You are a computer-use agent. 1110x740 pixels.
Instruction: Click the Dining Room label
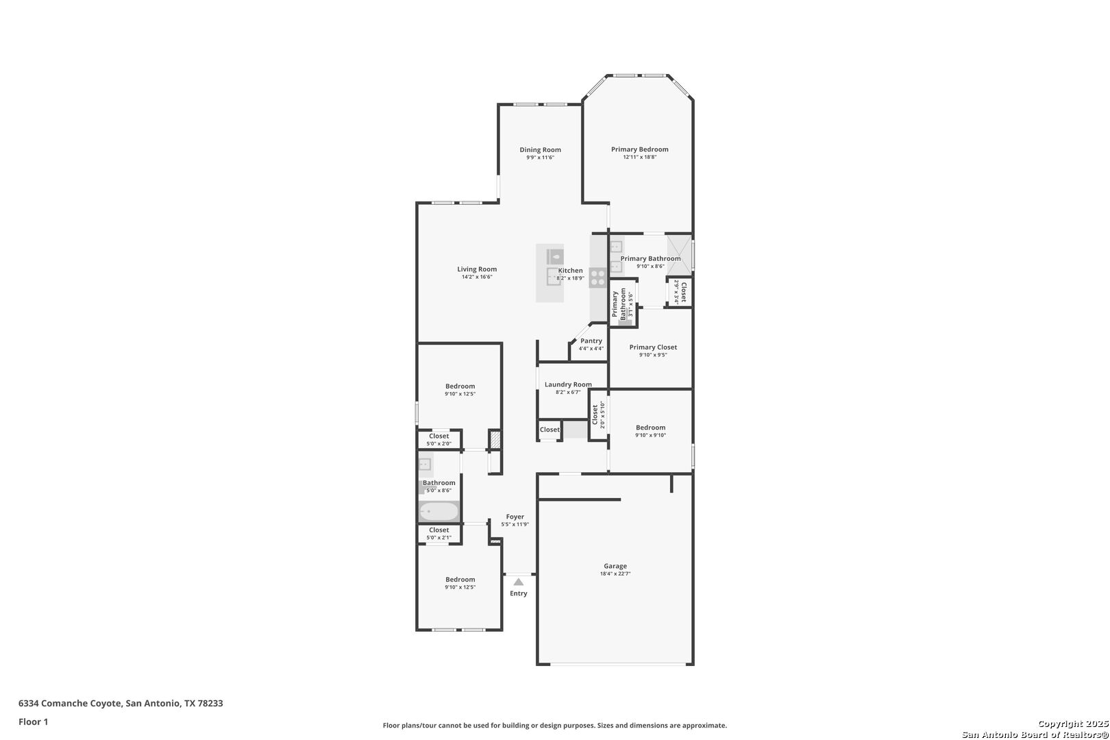pyautogui.click(x=540, y=149)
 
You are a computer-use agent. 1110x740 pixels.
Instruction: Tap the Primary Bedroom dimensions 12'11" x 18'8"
pyautogui.click(x=640, y=157)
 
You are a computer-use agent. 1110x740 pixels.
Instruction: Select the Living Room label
pyautogui.click(x=477, y=269)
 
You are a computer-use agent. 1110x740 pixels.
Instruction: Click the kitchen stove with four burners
pyautogui.click(x=597, y=277)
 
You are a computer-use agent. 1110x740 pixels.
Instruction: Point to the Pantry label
pyautogui.click(x=591, y=341)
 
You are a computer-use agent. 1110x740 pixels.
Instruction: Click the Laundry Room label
pyautogui.click(x=568, y=384)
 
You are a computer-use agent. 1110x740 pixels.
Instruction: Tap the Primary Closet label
pyautogui.click(x=653, y=347)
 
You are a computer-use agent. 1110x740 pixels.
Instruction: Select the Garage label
pyautogui.click(x=615, y=566)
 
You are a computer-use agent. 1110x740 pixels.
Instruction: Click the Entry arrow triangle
pyautogui.click(x=518, y=582)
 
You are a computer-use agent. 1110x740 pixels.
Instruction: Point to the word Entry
pyautogui.click(x=518, y=593)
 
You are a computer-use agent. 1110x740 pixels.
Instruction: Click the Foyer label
pyautogui.click(x=515, y=517)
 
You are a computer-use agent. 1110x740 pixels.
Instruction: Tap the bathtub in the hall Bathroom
pyautogui.click(x=439, y=511)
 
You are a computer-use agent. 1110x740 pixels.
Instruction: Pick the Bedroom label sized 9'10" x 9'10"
pyautogui.click(x=651, y=428)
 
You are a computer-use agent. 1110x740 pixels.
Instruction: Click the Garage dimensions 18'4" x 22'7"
pyautogui.click(x=615, y=574)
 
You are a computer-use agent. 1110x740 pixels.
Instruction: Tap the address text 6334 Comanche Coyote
pyautogui.click(x=70, y=703)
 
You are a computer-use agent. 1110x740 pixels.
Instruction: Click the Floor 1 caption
pyautogui.click(x=33, y=721)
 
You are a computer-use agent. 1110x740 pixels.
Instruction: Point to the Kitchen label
pyautogui.click(x=570, y=270)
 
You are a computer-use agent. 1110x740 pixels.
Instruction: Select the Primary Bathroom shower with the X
pyautogui.click(x=680, y=256)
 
